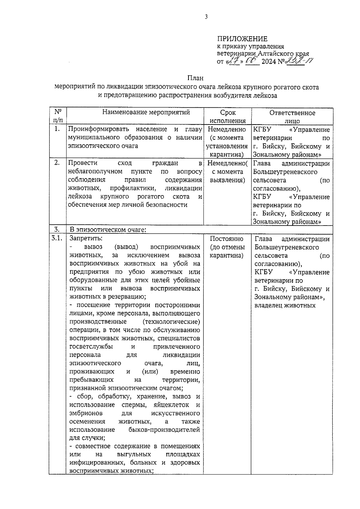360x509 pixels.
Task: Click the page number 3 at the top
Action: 206,17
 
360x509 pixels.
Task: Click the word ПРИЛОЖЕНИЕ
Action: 242,39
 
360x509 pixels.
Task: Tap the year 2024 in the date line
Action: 269,62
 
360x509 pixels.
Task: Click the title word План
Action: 195,78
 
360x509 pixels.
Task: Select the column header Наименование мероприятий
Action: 146,112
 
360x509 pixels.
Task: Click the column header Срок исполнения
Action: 228,117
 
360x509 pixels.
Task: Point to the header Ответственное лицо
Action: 292,117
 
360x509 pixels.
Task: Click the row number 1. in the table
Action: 57,129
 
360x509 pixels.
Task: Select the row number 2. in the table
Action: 57,163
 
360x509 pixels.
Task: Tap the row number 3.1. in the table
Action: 57,238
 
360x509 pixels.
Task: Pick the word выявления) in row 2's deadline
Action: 227,180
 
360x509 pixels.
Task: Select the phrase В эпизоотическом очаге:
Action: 108,230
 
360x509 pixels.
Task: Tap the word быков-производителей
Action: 164,430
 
